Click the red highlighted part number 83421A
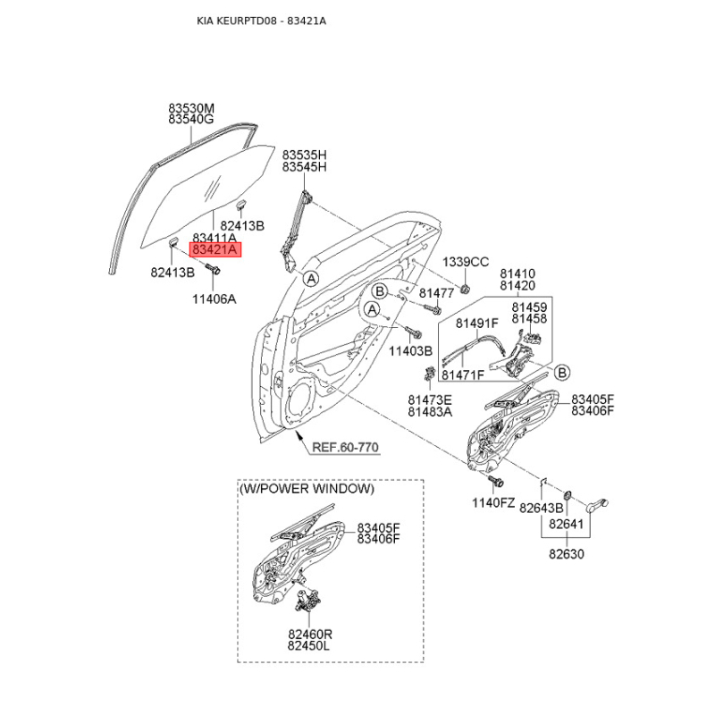click(x=214, y=250)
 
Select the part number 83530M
click(x=191, y=108)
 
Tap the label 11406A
click(x=214, y=299)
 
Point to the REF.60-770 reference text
click(x=345, y=448)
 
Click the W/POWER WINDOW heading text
click(x=307, y=489)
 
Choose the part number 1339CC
click(x=466, y=262)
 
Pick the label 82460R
click(x=310, y=635)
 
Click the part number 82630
click(x=567, y=554)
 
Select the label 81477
click(x=436, y=293)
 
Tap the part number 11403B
click(x=410, y=351)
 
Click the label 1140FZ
click(x=493, y=503)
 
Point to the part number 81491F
click(x=477, y=323)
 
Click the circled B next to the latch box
click(x=562, y=373)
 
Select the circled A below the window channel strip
click(x=311, y=278)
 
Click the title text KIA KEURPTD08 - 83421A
click(x=261, y=21)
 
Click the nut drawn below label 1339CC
click(x=465, y=288)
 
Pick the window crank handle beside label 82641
click(x=597, y=505)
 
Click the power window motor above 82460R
click(x=307, y=600)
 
